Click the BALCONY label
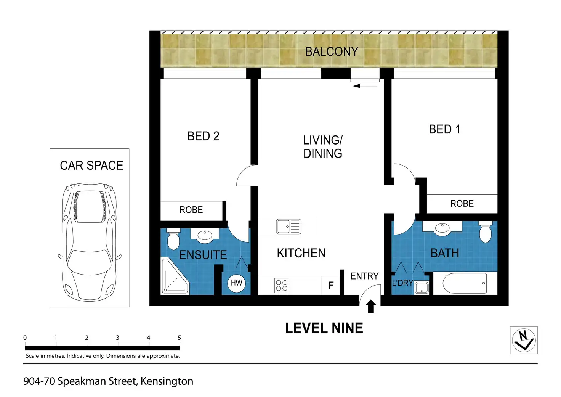332,51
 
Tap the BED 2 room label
203,136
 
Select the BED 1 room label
444,129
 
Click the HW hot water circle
236,283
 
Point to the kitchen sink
289,227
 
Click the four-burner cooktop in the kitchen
282,286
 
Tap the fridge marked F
331,285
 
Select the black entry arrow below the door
371,306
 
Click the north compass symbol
524,340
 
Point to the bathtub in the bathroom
465,283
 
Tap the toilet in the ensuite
173,238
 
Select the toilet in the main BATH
485,233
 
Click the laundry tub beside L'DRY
422,287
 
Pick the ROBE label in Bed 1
462,204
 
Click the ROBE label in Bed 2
191,210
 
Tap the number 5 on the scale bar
180,338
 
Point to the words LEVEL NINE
324,328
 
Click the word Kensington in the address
167,381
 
